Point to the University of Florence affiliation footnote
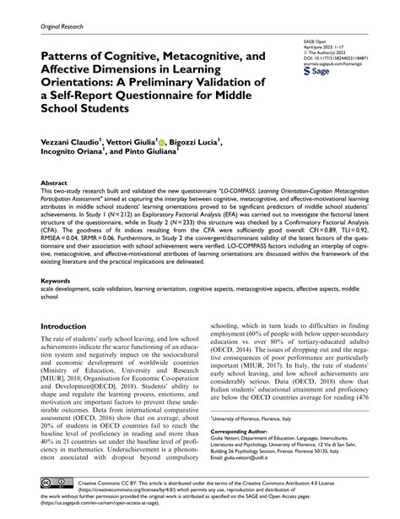pos(262,420)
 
